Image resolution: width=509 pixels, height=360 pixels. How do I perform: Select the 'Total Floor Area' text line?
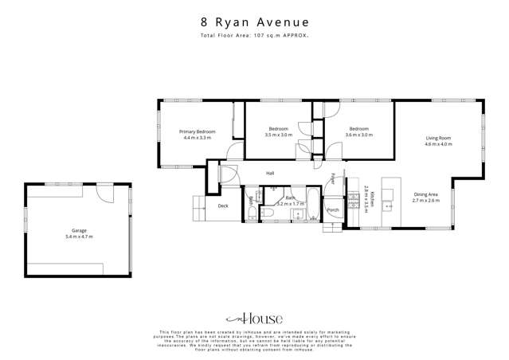click(254, 37)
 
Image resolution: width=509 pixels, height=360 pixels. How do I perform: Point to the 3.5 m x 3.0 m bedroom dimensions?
click(279, 135)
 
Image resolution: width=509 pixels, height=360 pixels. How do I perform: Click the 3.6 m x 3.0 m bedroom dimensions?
click(358, 135)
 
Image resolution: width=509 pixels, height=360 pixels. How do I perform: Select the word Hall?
click(270, 173)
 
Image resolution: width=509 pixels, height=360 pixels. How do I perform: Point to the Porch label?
click(332, 210)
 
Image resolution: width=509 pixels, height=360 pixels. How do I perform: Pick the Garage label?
click(79, 231)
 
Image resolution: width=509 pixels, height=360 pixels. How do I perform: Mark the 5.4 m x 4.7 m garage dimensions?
click(79, 237)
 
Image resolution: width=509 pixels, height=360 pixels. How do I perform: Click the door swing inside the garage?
click(104, 193)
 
